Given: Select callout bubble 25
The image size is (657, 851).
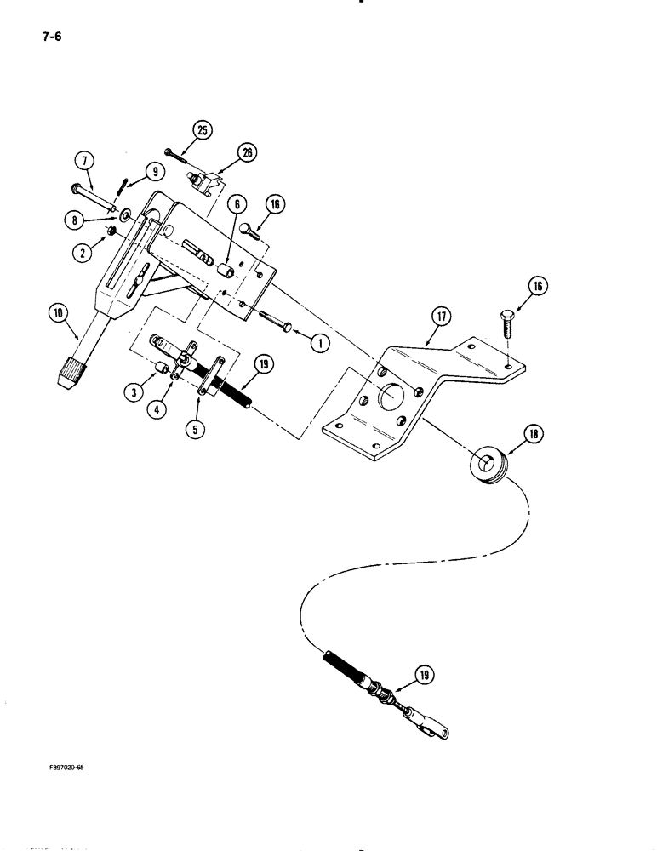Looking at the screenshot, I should (202, 130).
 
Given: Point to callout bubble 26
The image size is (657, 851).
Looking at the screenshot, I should (248, 153).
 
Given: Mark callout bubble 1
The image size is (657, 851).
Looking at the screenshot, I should (319, 343).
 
